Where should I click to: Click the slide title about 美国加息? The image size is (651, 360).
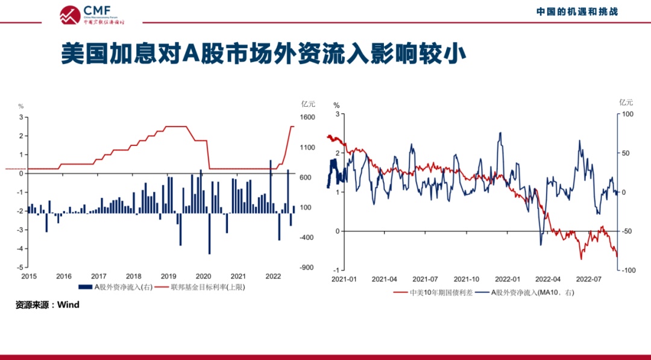click(x=264, y=54)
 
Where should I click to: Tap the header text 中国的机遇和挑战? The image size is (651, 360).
click(x=577, y=11)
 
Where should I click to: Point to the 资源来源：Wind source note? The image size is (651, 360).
click(x=48, y=305)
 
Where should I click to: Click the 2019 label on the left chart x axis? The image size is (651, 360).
click(x=168, y=276)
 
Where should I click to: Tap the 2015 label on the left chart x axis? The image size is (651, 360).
click(x=29, y=276)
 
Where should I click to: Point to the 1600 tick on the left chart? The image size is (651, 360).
click(x=307, y=118)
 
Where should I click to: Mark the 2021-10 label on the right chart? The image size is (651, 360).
click(x=467, y=279)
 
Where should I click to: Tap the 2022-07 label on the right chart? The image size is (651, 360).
click(x=590, y=279)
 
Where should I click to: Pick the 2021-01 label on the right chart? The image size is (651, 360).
click(x=344, y=279)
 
